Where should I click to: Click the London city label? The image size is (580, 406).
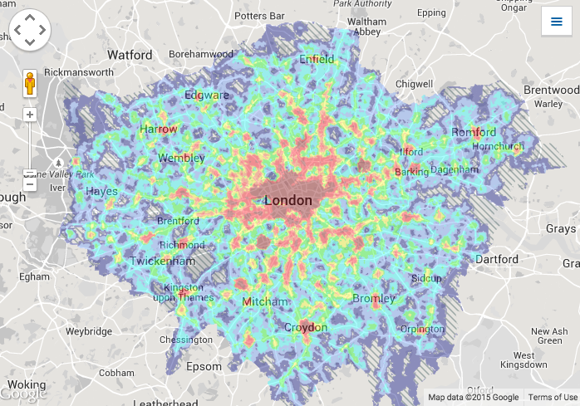[x=288, y=201]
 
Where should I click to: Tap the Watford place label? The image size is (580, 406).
[x=130, y=55]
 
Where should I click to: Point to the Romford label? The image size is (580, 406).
[x=474, y=132]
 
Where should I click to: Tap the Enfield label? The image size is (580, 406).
[x=317, y=60]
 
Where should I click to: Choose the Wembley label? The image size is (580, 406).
[x=181, y=158]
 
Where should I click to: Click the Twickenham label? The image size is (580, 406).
[x=163, y=261]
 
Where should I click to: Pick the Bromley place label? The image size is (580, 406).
[x=374, y=298]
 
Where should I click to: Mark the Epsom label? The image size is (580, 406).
[x=204, y=366]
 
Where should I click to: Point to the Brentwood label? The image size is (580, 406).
[x=550, y=90]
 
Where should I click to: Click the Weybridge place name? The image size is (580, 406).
[x=89, y=331]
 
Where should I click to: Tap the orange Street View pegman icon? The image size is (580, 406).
[x=30, y=85]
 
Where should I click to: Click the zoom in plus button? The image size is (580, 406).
[x=30, y=115]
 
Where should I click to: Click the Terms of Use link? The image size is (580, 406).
[x=552, y=398]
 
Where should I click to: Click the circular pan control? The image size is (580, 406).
[x=30, y=31]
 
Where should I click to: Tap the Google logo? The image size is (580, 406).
[x=24, y=394]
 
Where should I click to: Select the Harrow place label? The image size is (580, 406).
[x=158, y=130]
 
